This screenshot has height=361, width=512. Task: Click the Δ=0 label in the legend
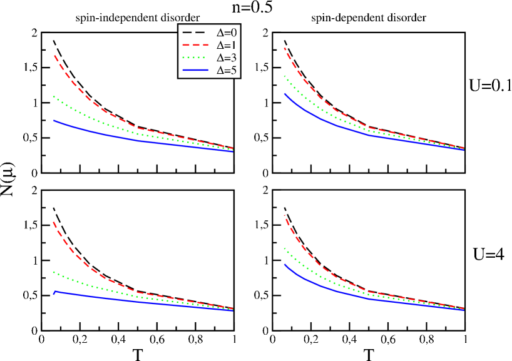(x=226, y=32)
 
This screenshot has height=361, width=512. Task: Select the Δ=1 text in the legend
(x=226, y=45)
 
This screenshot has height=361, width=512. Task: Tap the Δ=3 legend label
(x=226, y=58)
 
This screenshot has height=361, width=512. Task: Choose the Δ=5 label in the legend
(x=226, y=71)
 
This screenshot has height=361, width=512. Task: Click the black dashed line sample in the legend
(x=193, y=32)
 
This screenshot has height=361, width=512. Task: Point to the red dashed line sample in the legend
(x=193, y=45)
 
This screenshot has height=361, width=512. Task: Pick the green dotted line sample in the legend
(x=193, y=58)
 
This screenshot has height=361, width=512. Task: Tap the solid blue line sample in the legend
(x=193, y=71)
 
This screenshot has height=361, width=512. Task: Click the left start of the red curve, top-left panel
(x=54, y=56)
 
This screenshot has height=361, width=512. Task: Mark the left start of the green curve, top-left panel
(x=54, y=96)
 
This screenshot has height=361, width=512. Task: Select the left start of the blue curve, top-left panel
(x=54, y=121)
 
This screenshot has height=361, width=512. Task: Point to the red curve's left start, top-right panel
(x=285, y=48)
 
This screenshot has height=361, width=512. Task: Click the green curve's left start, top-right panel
(x=285, y=76)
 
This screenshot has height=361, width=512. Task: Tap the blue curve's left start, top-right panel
(x=285, y=94)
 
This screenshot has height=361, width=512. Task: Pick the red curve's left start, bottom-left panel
(x=54, y=222)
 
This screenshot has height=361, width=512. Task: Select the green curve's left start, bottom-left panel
(x=54, y=272)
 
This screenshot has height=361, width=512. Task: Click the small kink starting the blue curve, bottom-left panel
(x=56, y=292)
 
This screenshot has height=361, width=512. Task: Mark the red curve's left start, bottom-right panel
(x=285, y=215)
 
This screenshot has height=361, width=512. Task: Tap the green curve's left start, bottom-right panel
(x=285, y=248)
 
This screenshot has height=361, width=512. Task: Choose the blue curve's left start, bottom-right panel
(x=285, y=265)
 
